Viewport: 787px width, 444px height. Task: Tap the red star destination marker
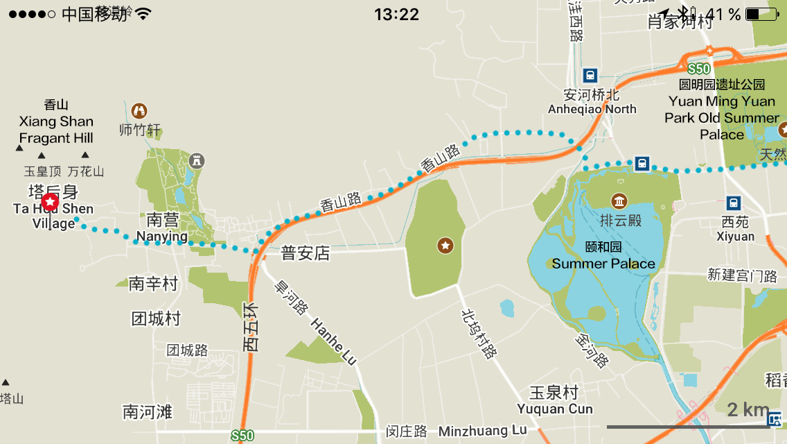pyautogui.click(x=51, y=202)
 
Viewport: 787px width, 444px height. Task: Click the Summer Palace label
pyautogui.click(x=603, y=264)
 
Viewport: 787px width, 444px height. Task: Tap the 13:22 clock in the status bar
pyautogui.click(x=396, y=14)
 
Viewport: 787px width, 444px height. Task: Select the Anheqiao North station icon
pyautogui.click(x=590, y=75)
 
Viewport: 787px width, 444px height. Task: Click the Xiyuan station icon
pyautogui.click(x=734, y=203)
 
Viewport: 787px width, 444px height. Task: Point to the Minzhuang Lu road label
pyautogui.click(x=482, y=431)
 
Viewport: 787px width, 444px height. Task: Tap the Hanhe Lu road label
pyautogui.click(x=333, y=341)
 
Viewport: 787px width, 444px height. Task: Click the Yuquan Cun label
pyautogui.click(x=555, y=409)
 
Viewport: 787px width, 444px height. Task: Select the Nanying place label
pyautogui.click(x=161, y=237)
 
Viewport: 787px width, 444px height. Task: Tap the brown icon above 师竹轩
pyautogui.click(x=139, y=110)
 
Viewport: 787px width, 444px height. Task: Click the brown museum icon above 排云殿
pyautogui.click(x=619, y=202)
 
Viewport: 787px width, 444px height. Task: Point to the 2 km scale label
pyautogui.click(x=748, y=409)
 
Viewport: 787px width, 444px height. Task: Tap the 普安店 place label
pyautogui.click(x=306, y=253)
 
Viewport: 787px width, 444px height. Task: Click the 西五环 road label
pyautogui.click(x=251, y=326)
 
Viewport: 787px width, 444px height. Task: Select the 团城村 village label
pyautogui.click(x=156, y=318)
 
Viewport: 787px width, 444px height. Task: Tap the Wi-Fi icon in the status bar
pyautogui.click(x=143, y=14)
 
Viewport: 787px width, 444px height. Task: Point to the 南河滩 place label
pyautogui.click(x=147, y=411)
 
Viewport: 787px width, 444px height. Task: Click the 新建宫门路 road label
pyautogui.click(x=742, y=275)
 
